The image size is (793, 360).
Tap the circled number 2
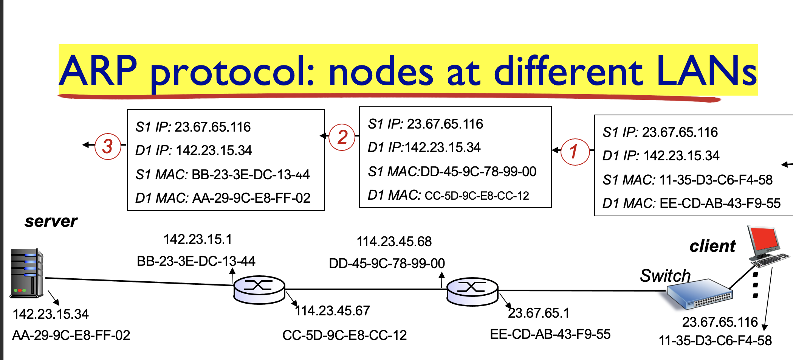pos(342,137)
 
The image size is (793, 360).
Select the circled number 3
pos(108,146)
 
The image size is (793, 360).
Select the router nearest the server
pos(259,290)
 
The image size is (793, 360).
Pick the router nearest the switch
pos(472,292)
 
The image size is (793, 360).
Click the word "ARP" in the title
pos(98,71)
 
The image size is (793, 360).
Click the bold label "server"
pos(51,221)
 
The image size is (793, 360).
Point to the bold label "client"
pos(712,246)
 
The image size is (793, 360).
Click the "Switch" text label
pos(665,276)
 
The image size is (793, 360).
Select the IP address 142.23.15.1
pos(198,239)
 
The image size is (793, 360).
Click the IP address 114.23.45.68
pos(394,242)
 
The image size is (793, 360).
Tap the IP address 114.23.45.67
pos(333,311)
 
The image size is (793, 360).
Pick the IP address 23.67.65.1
pos(539,313)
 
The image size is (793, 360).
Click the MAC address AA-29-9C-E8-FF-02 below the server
pos(71,335)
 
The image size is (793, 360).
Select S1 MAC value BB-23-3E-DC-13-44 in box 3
pos(251,175)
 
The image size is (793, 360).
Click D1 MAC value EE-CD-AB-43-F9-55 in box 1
pos(720,203)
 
